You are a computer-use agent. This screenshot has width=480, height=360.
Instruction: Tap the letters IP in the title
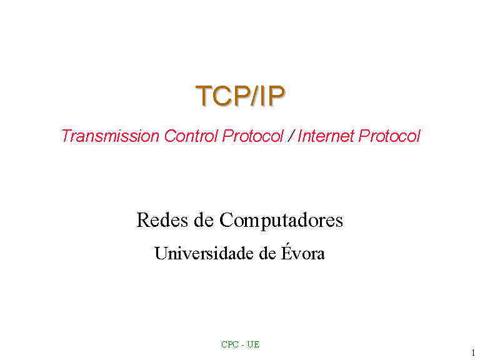point(272,96)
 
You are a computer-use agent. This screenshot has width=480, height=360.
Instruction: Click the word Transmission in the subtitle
point(111,136)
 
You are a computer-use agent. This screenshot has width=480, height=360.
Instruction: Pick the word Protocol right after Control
point(253,136)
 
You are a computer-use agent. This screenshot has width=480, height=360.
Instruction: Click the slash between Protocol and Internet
point(291,136)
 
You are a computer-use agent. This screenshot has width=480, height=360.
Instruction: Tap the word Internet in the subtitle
point(326,136)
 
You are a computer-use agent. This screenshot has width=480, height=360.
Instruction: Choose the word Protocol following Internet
point(389,136)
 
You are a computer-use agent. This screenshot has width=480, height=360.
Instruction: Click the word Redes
point(162,220)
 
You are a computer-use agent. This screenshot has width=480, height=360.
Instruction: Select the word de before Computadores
point(203,220)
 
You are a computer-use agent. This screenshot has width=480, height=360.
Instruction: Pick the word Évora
point(303,252)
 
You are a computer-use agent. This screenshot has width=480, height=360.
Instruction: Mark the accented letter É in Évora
point(286,252)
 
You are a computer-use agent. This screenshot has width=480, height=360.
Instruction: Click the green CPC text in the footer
point(230,344)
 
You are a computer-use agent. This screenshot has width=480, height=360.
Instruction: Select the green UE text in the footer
point(253,344)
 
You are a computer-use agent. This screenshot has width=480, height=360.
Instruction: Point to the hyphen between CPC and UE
point(242,346)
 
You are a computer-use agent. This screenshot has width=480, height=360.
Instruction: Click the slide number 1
point(473,352)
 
